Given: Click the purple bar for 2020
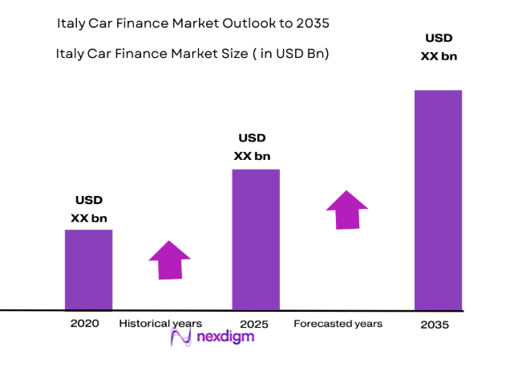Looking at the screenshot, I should tap(88, 269).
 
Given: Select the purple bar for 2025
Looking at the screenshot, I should tap(256, 239).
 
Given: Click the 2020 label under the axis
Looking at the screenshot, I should tap(84, 324).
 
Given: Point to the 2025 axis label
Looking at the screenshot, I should tap(254, 325).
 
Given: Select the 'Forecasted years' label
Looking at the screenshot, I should tap(338, 324).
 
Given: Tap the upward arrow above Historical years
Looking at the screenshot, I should tap(169, 260).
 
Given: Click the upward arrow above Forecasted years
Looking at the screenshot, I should tap(347, 210).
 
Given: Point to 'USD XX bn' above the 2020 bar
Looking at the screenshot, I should tap(89, 209).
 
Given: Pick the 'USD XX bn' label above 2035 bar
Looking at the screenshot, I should tap(439, 47).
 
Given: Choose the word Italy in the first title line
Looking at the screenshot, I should tap(73, 24).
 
